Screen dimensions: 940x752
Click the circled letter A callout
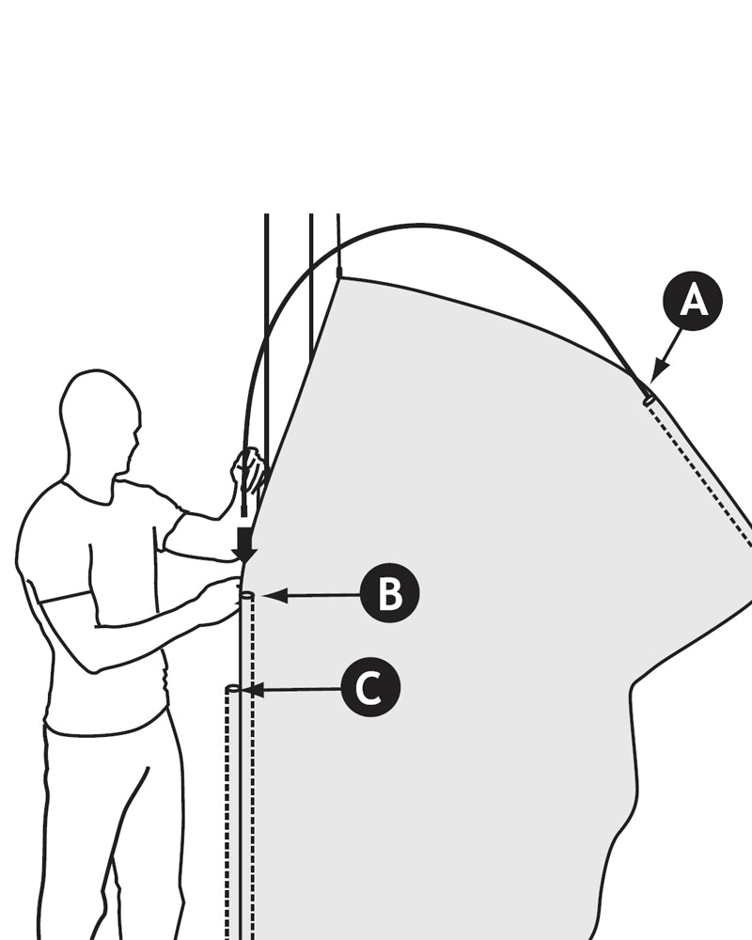[693, 302]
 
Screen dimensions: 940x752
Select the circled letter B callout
[389, 594]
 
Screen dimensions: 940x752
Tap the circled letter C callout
[370, 689]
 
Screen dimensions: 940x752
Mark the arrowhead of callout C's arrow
[252, 690]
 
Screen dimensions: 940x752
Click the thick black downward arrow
[244, 543]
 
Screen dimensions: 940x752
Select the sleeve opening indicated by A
[649, 399]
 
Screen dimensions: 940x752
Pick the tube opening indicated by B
[246, 595]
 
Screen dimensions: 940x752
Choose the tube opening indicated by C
[232, 690]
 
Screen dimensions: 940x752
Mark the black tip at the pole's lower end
[243, 512]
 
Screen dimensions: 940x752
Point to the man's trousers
[113, 827]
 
